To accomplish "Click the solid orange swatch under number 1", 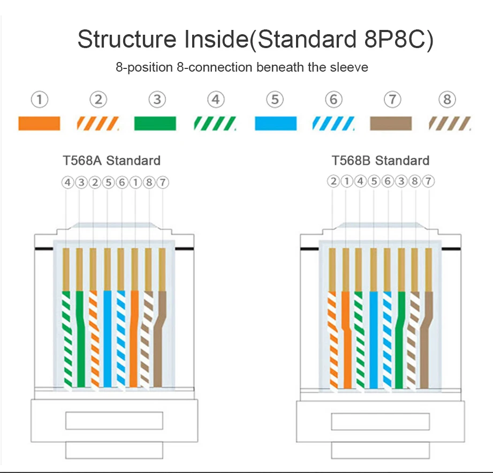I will pyautogui.click(x=39, y=123).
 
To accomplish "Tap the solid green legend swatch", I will pyautogui.click(x=155, y=123).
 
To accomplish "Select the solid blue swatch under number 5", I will pyautogui.click(x=275, y=123).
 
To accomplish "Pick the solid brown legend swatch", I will pyautogui.click(x=391, y=123).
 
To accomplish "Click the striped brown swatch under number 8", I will pyautogui.click(x=450, y=124).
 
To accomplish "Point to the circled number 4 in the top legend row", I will pyautogui.click(x=216, y=99).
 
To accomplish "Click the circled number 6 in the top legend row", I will pyautogui.click(x=333, y=99).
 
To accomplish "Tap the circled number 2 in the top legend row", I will pyautogui.click(x=98, y=99).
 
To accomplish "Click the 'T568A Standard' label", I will pyautogui.click(x=111, y=160).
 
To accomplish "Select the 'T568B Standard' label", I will pyautogui.click(x=381, y=160).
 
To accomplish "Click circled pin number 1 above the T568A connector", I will pyautogui.click(x=135, y=182).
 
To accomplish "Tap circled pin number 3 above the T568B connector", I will pyautogui.click(x=401, y=182).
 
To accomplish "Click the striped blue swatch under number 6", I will pyautogui.click(x=333, y=124).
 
